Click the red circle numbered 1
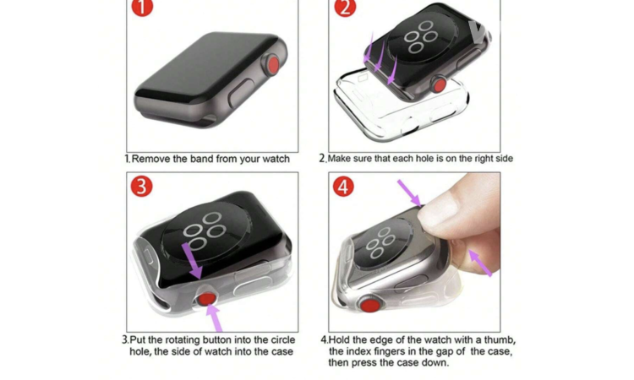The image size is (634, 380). (142, 7)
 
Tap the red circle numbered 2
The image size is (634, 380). (345, 7)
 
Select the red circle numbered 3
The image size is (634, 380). (141, 187)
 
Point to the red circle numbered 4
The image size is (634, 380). (343, 187)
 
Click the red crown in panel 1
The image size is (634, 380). (273, 65)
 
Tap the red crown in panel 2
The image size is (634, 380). (439, 85)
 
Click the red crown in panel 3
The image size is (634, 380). (206, 298)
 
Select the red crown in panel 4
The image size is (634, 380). (370, 305)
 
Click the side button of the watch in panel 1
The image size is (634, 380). (241, 93)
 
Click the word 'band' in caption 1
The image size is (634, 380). (202, 159)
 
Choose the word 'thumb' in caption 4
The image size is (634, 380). (500, 340)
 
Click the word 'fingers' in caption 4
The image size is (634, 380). (390, 351)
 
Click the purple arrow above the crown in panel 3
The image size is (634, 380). (193, 261)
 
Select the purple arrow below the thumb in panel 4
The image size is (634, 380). (480, 263)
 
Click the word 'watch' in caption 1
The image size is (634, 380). (276, 159)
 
